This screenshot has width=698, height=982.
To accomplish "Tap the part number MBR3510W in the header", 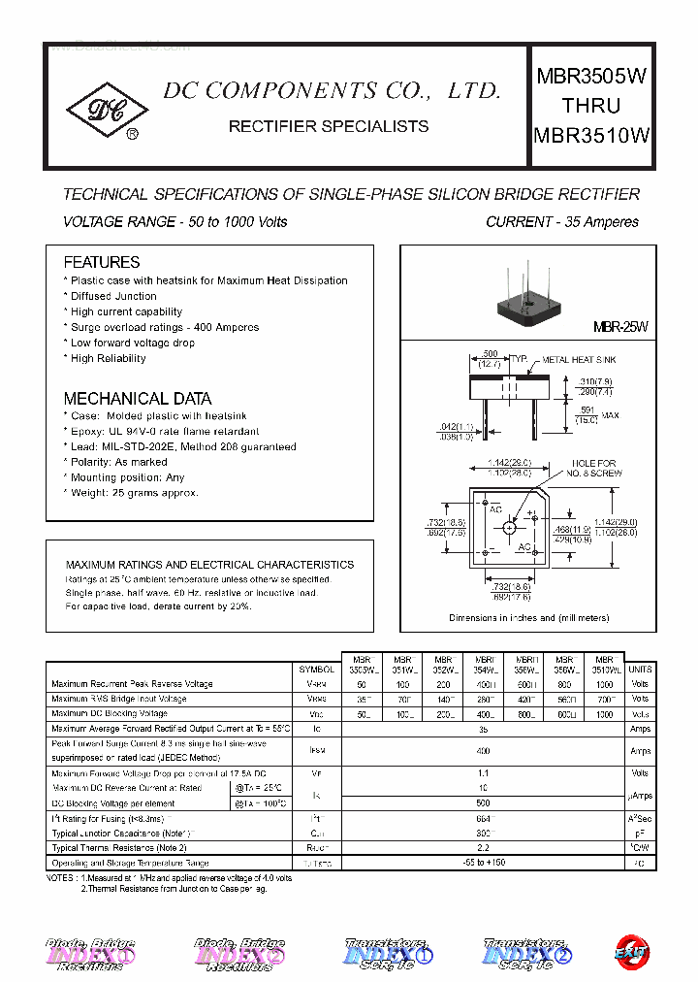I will point(591,136).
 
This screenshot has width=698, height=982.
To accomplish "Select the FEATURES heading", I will point(101,262).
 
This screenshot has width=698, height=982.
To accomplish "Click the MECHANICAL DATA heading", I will point(137,398).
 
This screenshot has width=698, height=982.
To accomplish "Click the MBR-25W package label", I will point(619,328).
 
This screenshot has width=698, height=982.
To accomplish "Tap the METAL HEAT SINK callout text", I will point(579,360).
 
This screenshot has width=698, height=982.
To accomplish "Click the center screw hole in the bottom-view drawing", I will point(509,528).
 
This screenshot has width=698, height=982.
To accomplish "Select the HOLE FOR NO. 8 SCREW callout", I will point(593,468).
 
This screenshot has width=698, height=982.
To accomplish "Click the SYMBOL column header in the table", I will point(316,669).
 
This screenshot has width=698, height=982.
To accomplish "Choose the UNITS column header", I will point(640,669).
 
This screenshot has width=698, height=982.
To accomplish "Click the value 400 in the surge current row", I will point(483,751).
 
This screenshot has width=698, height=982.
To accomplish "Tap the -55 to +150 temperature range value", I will point(483,863).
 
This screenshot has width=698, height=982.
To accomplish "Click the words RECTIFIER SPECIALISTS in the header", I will point(328,126).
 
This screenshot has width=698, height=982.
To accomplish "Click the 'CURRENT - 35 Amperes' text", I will point(561,222).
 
